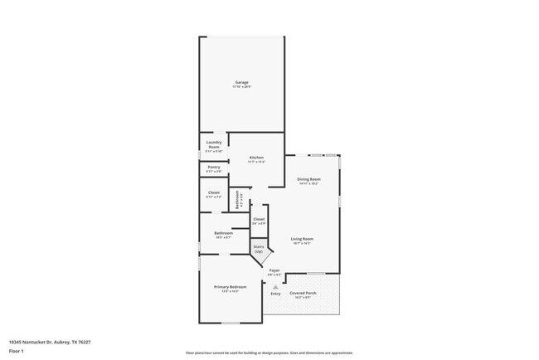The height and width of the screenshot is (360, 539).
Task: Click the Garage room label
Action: [x=242, y=82]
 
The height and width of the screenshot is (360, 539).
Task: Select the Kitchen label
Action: [x=257, y=158]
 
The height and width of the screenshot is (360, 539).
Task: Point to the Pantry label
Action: [x=214, y=167]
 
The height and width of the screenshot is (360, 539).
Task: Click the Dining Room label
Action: [x=308, y=179]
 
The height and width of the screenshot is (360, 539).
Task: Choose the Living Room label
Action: [x=301, y=239]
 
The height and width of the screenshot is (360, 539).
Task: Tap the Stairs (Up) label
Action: [x=259, y=248]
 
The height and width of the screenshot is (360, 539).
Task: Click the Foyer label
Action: [x=274, y=270]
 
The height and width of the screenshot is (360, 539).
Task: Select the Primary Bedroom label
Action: [x=231, y=287]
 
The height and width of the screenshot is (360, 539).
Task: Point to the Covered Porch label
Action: [x=303, y=293]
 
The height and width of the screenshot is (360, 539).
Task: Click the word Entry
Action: [x=275, y=294]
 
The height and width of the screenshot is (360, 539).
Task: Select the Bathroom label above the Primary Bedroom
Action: [x=223, y=233]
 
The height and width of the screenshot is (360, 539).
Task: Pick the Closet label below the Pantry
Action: [x=214, y=193]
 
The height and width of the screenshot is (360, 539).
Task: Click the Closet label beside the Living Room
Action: [x=259, y=219]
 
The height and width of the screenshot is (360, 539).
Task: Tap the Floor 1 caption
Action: [x=17, y=351]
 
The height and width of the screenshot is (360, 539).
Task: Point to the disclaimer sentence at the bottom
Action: [x=269, y=353]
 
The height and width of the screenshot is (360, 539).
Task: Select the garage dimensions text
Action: [x=242, y=87]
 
